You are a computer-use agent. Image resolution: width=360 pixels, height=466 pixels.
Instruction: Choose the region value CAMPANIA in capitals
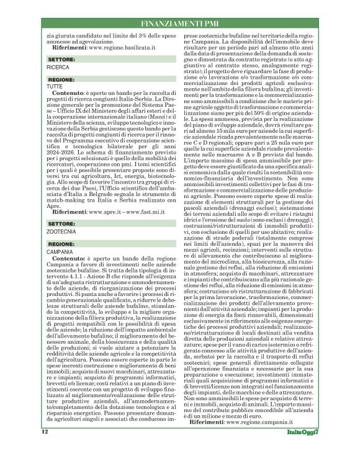point(61,235)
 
